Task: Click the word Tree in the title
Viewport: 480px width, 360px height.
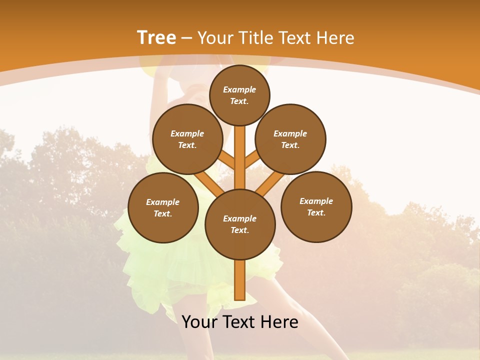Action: click(156, 38)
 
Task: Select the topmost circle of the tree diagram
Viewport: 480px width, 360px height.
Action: click(239, 95)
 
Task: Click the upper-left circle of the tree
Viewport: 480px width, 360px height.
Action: click(187, 139)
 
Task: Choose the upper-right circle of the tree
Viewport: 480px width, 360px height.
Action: click(290, 139)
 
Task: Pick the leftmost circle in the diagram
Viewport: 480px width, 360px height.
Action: click(163, 208)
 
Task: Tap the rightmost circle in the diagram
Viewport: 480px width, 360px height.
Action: click(316, 207)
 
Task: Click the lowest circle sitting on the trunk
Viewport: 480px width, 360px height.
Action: click(240, 224)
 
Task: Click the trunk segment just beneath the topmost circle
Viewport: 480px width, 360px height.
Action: click(240, 140)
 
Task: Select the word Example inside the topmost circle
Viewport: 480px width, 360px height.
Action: click(239, 90)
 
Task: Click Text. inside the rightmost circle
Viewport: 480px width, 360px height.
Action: click(316, 212)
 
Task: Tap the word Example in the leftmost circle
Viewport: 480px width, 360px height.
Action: click(163, 202)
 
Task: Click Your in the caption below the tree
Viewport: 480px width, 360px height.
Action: click(199, 322)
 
